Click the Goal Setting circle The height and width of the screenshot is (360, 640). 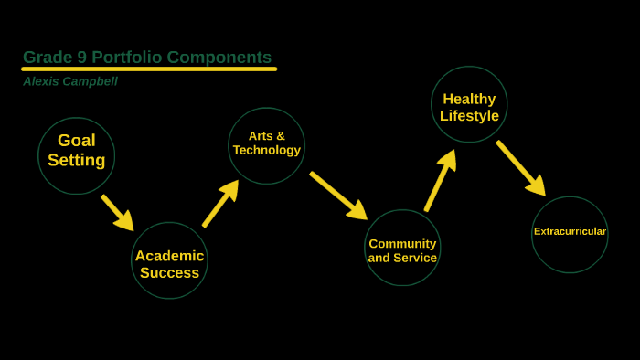tap(77, 155)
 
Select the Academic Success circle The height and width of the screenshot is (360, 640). tap(169, 260)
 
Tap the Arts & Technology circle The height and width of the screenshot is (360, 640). tap(266, 145)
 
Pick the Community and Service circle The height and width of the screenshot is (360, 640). tap(402, 248)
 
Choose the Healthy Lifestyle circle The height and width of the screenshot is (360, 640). tap(469, 104)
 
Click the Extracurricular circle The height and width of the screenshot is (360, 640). tap(570, 234)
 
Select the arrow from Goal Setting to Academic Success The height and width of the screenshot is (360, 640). tap(117, 212)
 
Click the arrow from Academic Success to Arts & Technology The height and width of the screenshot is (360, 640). tap(220, 204)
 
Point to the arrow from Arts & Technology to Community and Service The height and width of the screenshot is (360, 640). tap(337, 195)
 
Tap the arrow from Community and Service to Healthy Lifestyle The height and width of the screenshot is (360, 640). tap(439, 181)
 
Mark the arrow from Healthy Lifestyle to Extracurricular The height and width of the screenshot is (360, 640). tap(520, 167)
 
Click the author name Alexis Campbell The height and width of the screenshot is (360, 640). tap(70, 81)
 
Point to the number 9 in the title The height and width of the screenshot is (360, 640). tap(81, 58)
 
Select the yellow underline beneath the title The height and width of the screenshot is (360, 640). tap(149, 69)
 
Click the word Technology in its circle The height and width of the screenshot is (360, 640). tap(266, 150)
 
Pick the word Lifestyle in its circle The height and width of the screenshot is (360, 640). tap(469, 116)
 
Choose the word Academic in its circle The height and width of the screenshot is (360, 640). tap(169, 256)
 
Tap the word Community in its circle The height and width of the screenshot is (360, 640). tap(402, 243)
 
